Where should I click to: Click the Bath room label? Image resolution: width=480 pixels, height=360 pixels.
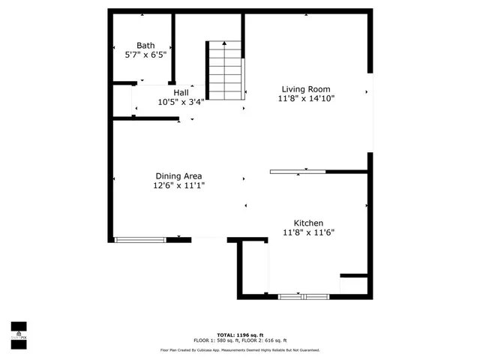click(145, 46)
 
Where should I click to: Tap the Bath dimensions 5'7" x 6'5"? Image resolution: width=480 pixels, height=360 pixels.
click(145, 55)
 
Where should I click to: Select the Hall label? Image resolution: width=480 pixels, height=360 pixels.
click(181, 93)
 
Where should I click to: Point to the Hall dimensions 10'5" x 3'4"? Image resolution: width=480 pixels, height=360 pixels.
click(181, 102)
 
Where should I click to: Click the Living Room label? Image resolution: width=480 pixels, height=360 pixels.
click(306, 88)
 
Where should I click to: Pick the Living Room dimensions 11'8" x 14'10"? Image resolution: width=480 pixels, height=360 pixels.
click(306, 97)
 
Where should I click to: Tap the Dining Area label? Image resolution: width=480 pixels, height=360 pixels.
click(178, 176)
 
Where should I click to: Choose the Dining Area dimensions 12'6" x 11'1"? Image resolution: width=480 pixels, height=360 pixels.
click(179, 185)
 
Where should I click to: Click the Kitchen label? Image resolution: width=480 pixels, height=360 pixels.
click(308, 223)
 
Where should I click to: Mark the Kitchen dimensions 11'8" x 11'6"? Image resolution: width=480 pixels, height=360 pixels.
click(308, 232)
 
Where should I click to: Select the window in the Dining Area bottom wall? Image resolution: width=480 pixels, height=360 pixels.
click(140, 239)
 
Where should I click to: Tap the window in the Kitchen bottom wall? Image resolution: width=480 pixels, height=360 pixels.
click(304, 296)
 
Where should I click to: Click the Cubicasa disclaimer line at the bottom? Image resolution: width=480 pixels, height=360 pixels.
click(240, 349)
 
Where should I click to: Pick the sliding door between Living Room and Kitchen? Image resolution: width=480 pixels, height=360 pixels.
click(298, 172)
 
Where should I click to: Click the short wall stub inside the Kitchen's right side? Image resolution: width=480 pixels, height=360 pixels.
click(353, 276)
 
